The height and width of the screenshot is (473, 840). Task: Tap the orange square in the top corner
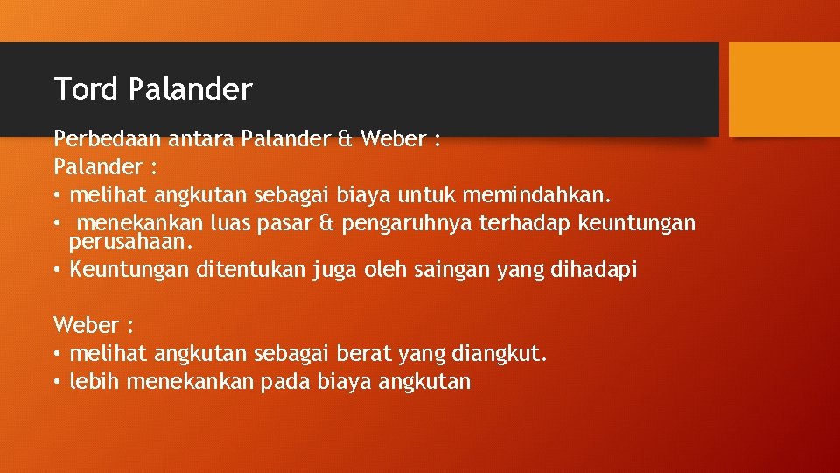point(783,88)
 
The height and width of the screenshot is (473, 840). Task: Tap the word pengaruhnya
point(407,223)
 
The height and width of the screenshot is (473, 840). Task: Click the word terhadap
point(525,223)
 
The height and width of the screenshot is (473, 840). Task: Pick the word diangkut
point(500,354)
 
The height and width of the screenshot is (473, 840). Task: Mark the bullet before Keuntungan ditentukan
point(58,271)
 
